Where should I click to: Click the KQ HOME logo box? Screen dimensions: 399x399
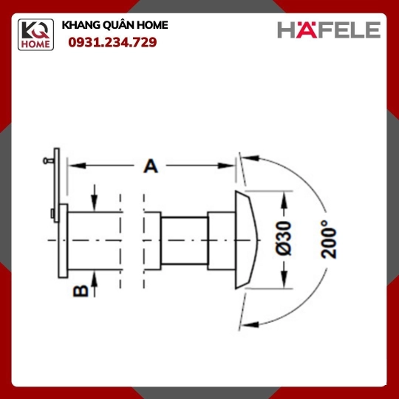point(35,35)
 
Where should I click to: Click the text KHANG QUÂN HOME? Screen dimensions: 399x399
point(115,25)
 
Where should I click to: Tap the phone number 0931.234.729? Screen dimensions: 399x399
point(112,42)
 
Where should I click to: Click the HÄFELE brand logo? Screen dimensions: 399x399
point(329,30)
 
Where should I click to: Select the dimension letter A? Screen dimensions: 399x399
point(151,166)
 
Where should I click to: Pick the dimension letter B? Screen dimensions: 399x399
point(81,291)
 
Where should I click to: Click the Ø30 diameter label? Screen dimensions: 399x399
point(283,238)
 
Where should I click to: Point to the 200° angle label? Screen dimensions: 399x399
point(329,239)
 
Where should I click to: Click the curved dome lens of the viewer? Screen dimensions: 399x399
point(246,240)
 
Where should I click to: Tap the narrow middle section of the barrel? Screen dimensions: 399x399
point(185,241)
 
